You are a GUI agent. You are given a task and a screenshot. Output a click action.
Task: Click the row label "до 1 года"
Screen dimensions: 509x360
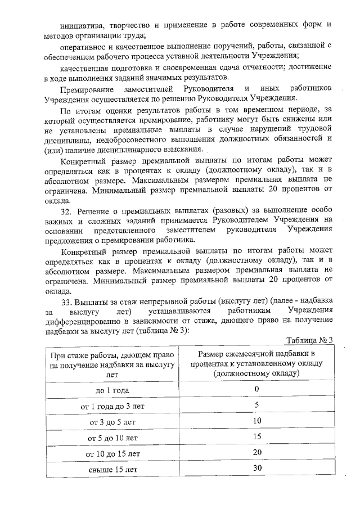(x=114, y=390)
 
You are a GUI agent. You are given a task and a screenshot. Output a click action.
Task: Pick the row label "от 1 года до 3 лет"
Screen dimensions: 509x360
(x=114, y=406)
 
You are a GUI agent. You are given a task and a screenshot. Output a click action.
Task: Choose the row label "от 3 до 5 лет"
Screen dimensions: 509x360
(x=114, y=421)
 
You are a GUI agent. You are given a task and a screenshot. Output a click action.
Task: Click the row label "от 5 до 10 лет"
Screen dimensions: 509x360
(x=114, y=437)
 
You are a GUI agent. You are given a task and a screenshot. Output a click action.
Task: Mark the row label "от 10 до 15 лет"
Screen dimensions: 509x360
(x=114, y=453)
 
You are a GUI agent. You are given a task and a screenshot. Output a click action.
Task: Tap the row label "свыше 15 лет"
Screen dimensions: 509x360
(x=114, y=469)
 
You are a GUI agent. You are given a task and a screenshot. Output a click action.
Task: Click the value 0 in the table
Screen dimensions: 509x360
(x=256, y=389)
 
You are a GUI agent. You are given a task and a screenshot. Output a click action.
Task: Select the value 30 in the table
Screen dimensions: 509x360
(x=257, y=468)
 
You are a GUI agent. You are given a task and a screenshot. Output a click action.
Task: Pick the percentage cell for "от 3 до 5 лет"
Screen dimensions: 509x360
(x=257, y=421)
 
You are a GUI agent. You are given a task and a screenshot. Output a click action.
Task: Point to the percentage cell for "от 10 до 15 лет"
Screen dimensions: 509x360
(x=257, y=452)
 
